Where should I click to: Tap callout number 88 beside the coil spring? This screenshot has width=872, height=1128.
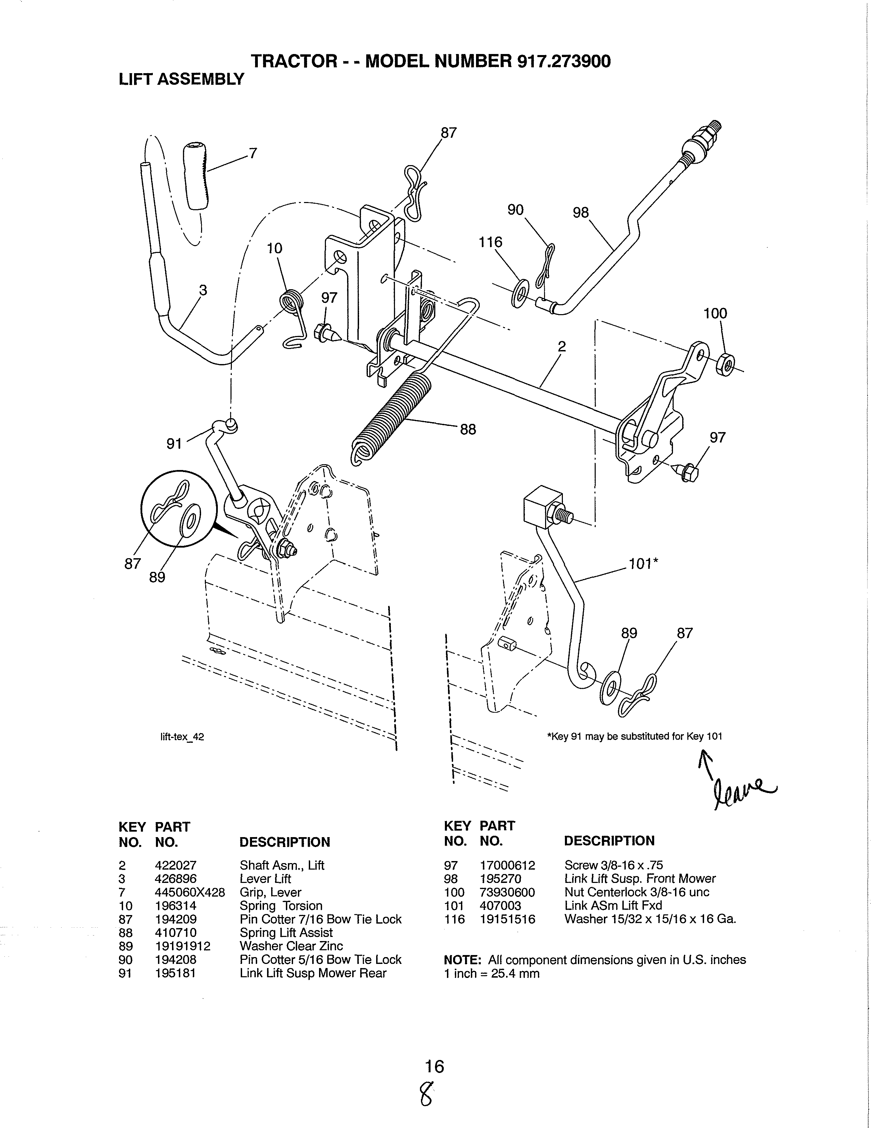(467, 429)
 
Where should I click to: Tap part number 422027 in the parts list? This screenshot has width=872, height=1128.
(176, 865)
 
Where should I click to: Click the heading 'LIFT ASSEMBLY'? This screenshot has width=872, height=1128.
(181, 79)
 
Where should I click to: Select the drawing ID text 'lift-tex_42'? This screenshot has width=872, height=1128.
(182, 737)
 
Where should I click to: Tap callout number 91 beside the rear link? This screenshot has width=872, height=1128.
(174, 443)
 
